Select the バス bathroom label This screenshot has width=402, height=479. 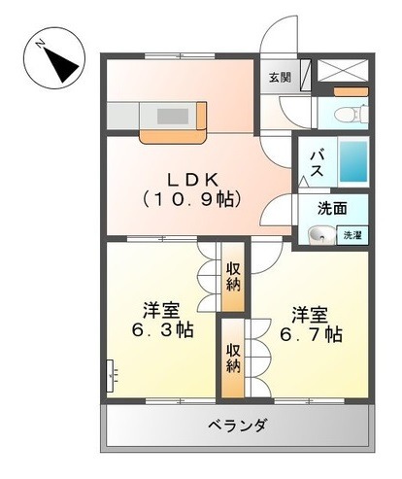[x=317, y=162]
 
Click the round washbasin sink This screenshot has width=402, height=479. [x=317, y=234]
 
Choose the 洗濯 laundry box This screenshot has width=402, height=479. [x=351, y=234]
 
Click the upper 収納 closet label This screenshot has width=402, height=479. [x=233, y=276]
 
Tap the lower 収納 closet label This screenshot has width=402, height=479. [x=233, y=358]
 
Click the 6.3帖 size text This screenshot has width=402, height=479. [x=161, y=330]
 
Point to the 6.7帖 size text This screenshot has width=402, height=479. [x=310, y=334]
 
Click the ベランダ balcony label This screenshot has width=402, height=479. [x=237, y=426]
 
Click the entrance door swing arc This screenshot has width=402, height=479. [x=275, y=47]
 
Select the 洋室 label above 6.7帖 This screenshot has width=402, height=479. [x=310, y=315]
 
